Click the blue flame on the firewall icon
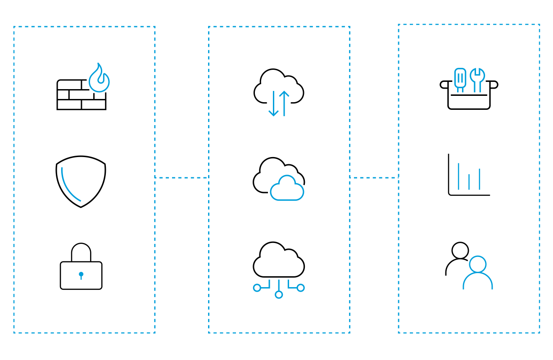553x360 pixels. tap(99, 80)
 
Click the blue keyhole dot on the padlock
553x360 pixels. tap(81, 274)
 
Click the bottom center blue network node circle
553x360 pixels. tap(279, 295)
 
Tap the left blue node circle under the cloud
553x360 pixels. tap(257, 288)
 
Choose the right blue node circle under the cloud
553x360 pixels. tap(300, 288)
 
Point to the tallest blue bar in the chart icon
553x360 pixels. tap(458, 176)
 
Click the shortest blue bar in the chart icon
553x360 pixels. tap(469, 182)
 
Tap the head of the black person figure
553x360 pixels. tap(460, 250)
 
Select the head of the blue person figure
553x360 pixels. tap(478, 264)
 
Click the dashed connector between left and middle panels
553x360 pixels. tap(181, 178)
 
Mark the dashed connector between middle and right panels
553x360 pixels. tap(374, 178)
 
